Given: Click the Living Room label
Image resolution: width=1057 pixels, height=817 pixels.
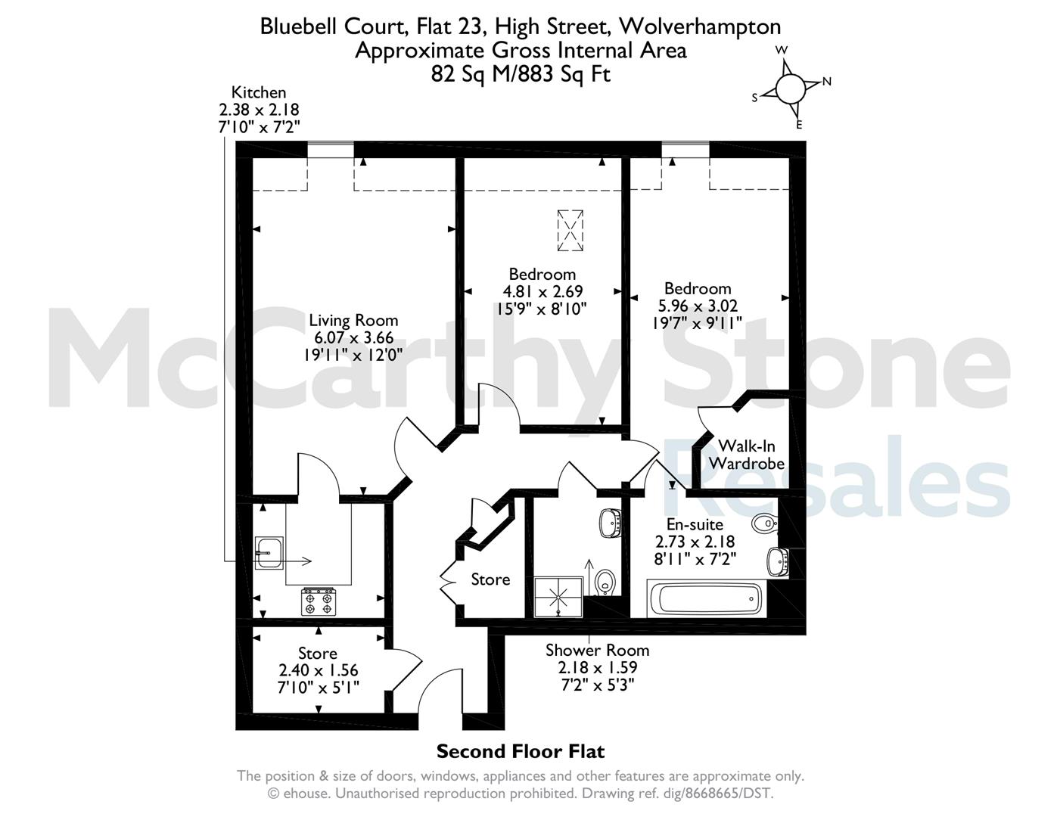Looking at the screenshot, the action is click(353, 321).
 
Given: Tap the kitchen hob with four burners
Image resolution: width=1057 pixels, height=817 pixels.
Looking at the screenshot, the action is click(319, 601).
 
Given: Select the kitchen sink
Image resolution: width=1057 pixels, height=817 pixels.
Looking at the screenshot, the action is click(269, 553).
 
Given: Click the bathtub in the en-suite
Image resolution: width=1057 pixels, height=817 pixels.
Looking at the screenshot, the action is click(707, 598).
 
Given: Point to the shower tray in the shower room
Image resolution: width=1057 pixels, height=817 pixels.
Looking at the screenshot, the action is click(558, 597).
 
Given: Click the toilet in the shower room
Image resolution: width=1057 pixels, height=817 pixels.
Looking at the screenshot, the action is click(605, 582).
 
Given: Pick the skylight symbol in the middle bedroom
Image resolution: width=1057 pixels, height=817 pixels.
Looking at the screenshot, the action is click(570, 231).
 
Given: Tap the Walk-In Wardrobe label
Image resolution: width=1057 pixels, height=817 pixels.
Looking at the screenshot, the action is click(747, 454).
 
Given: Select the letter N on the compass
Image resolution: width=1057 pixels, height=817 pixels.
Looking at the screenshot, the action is click(827, 81).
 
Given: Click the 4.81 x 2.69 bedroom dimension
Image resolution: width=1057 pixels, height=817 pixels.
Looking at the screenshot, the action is click(542, 291).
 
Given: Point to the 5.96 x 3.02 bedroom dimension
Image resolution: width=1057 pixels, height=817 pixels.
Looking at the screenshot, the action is click(698, 306).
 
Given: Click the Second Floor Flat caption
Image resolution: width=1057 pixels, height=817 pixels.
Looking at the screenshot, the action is click(521, 751).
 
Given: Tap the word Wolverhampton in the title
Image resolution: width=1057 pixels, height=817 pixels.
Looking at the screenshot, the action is click(699, 26).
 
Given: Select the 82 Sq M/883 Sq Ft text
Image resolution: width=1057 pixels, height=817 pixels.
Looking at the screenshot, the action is click(521, 74).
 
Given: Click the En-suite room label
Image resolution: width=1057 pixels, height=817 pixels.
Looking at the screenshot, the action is click(695, 524).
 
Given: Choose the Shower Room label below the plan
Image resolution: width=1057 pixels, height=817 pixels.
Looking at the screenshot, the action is click(597, 651).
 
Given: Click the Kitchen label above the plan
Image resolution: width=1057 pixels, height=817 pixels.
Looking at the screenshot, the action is click(258, 92).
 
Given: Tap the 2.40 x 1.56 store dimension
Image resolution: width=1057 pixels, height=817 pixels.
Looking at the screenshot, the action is click(318, 670).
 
